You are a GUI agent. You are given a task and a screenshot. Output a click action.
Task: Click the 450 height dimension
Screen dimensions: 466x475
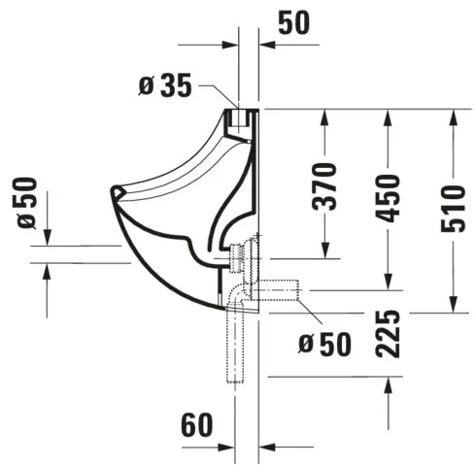click(x=389, y=199)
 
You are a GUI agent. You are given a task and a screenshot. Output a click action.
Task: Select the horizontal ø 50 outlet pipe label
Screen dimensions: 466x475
click(x=320, y=342)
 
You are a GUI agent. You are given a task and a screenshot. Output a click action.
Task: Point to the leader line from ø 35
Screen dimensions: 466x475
click(x=219, y=92)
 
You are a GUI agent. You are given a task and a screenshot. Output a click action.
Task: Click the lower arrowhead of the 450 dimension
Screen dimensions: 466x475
click(x=389, y=283)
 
